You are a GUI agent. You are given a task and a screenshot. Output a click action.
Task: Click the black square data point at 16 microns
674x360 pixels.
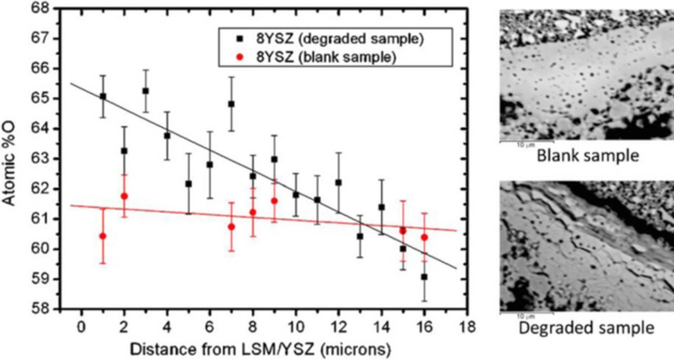pos(424,276)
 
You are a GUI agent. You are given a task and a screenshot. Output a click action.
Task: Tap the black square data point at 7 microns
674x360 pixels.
pos(231,104)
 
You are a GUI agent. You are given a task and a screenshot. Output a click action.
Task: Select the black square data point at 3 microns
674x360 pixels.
pos(145,91)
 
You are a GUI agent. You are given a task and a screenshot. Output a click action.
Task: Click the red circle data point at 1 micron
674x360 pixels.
pos(103,236)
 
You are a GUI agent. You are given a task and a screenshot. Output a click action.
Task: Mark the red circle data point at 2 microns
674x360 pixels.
pos(124,196)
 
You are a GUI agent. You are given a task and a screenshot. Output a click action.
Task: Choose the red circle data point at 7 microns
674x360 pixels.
pos(231,226)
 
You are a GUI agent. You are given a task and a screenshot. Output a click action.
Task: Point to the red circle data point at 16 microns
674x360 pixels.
pos(424,237)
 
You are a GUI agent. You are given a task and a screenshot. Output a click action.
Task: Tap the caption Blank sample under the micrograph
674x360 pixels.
pos(586,156)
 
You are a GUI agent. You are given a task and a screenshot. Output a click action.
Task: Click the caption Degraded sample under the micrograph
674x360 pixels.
pos(586,328)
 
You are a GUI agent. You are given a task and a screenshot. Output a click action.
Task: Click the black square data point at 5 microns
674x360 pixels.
pos(189,184)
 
